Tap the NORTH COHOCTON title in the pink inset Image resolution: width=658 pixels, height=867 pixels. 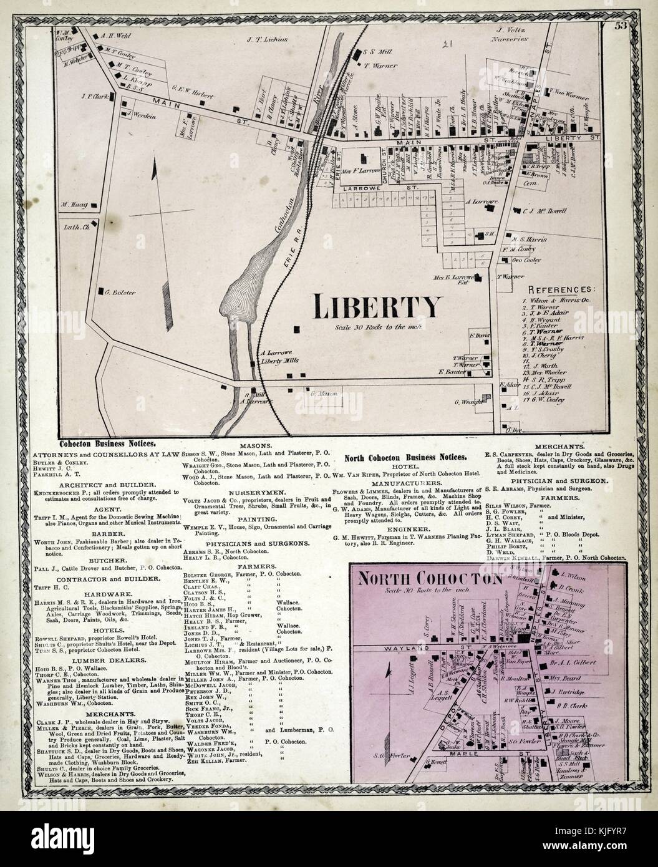pos(429,578)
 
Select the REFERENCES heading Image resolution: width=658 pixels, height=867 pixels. pos(561,290)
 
